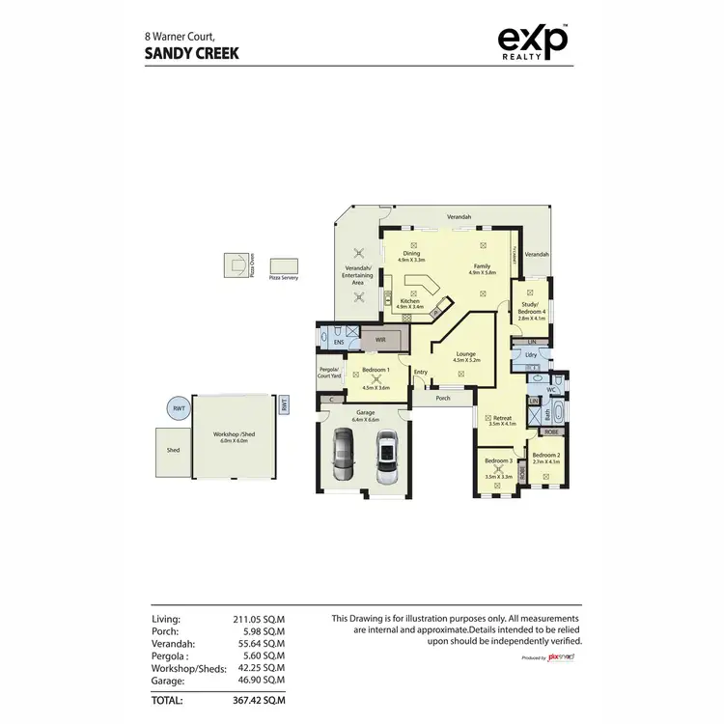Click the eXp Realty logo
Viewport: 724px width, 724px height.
(x=532, y=42)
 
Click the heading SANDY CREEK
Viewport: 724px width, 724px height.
(x=192, y=54)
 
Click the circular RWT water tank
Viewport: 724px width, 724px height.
(x=179, y=409)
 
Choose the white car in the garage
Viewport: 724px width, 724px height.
(x=386, y=459)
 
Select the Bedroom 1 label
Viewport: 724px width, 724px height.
(x=376, y=371)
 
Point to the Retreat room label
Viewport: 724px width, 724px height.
(x=503, y=420)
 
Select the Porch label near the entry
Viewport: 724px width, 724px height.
(x=443, y=397)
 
